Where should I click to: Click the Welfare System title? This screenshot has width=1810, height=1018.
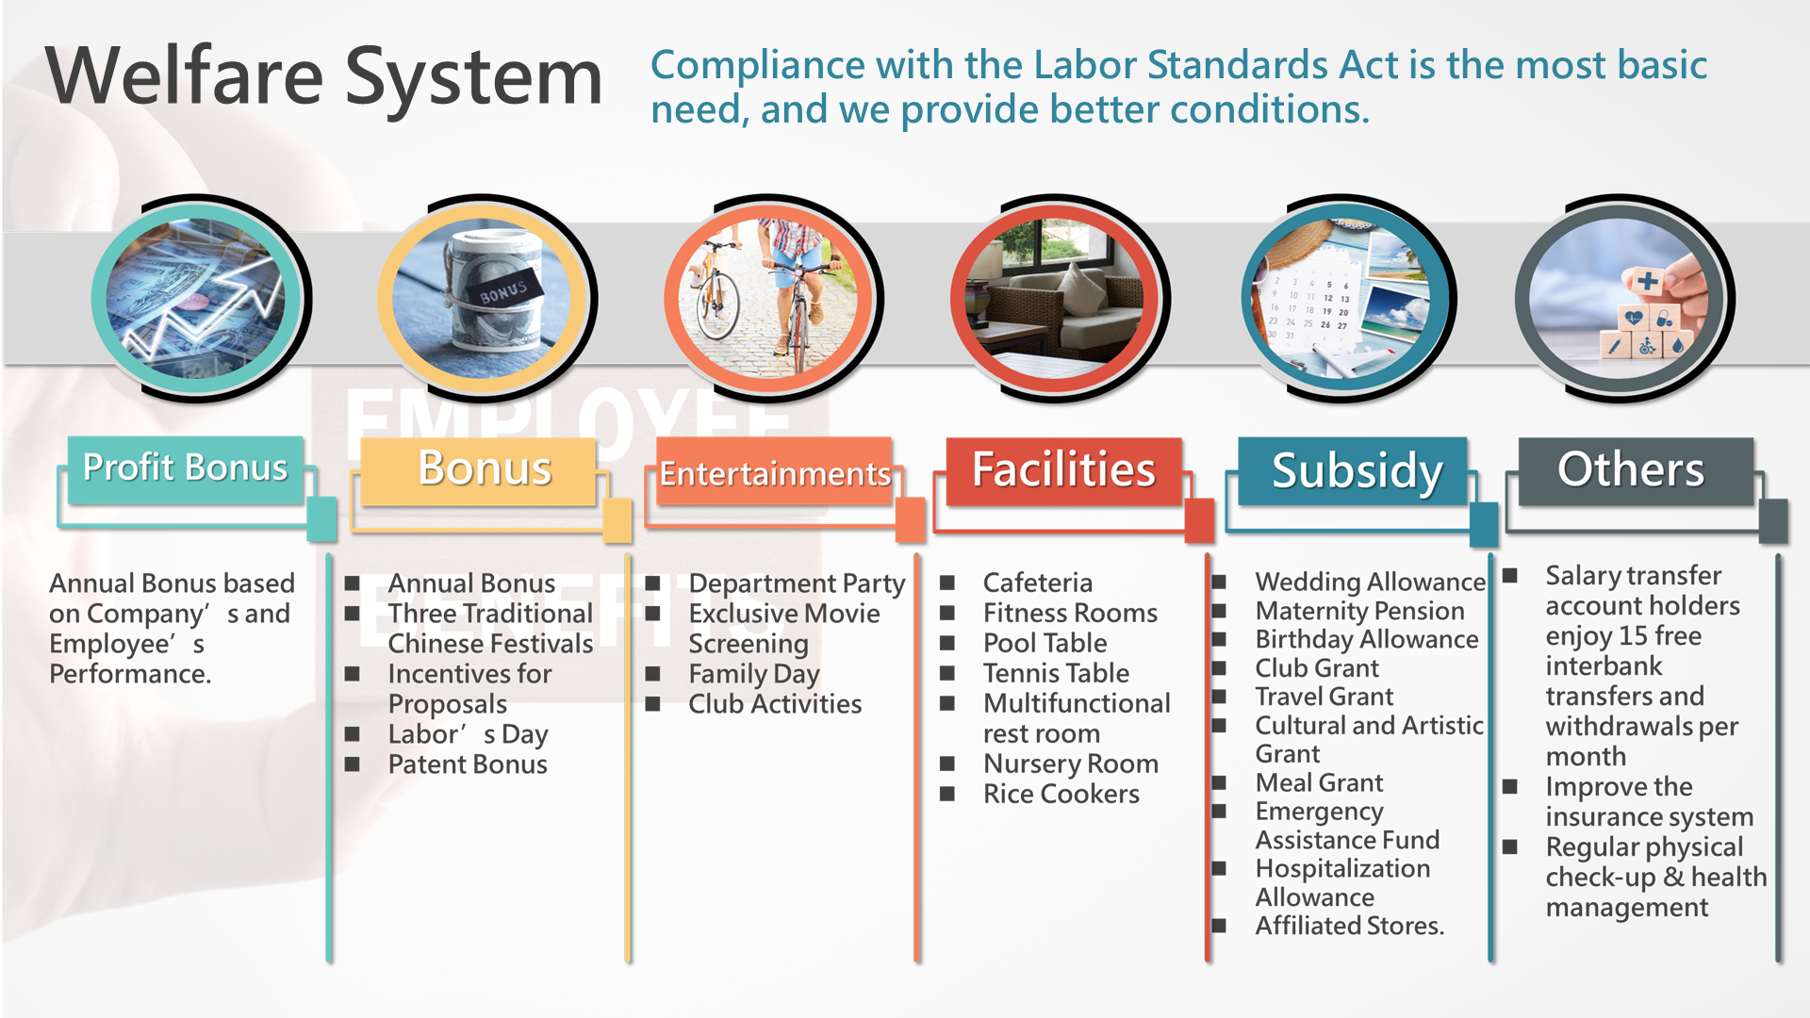[x=323, y=77]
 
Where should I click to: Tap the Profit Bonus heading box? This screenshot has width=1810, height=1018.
[x=186, y=468]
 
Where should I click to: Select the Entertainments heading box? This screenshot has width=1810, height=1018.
[x=774, y=471]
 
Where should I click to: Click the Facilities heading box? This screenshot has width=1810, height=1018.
[x=1063, y=469]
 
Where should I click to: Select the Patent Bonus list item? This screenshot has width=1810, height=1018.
[x=468, y=764]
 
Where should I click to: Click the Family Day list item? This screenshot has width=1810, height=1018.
[x=754, y=674]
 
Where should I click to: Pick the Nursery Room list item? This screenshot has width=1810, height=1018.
[x=1071, y=763]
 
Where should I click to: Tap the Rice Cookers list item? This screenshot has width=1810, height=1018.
[x=1061, y=794]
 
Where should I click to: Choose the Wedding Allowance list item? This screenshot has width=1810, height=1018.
[x=1371, y=582]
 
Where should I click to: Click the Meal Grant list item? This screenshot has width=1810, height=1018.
[x=1319, y=782]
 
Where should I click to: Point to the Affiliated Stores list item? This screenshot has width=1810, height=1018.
[x=1349, y=926]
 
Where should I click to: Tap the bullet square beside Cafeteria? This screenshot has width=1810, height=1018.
[x=947, y=583]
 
